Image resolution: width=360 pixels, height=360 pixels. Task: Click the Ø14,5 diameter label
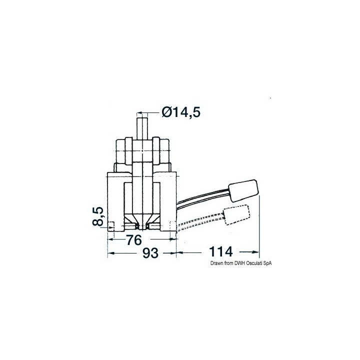[x=181, y=112]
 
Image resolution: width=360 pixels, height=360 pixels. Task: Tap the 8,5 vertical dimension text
[x=98, y=216]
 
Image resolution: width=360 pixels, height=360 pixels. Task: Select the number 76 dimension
[x=134, y=240]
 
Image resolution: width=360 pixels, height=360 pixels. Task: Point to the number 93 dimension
[x=150, y=253]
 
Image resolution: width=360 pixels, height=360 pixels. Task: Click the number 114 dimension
[x=220, y=251]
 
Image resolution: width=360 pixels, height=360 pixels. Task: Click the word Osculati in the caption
[x=254, y=263]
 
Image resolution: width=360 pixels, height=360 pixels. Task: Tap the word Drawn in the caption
[x=216, y=263]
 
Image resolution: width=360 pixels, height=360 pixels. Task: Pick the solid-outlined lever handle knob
[x=244, y=190]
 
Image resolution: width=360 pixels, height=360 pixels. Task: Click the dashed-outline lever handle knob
[x=236, y=214]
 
